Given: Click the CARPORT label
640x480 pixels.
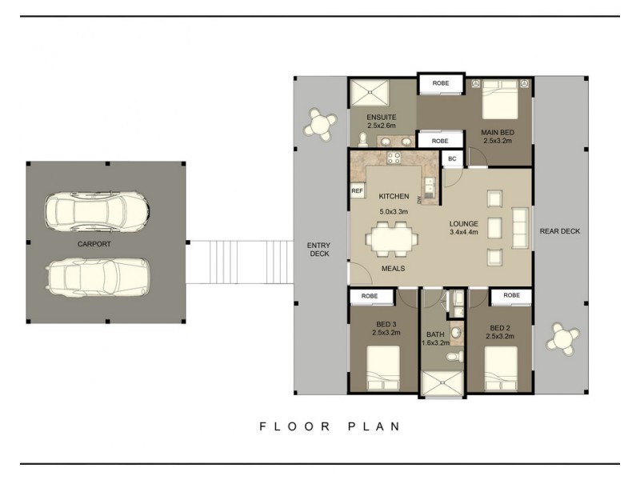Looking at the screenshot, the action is [x=94, y=244].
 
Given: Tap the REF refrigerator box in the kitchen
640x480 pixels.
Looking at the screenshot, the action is [x=357, y=190].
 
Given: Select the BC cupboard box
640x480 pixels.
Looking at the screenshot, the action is [x=452, y=158].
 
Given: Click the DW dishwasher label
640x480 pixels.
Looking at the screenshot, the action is [x=419, y=199].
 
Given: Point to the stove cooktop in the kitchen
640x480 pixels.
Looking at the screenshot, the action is [x=394, y=157].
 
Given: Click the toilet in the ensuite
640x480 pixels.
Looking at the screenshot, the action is [x=362, y=139].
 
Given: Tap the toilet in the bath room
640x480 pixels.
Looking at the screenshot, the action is [x=454, y=357].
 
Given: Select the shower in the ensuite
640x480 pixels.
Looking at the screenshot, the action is [x=370, y=93].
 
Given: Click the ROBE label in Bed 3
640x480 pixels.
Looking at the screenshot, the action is [x=370, y=296].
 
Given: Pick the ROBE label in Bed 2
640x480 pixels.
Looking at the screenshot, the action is [x=511, y=295].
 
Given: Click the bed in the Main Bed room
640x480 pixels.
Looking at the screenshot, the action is [x=500, y=99].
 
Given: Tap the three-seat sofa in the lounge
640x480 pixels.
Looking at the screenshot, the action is [x=520, y=228].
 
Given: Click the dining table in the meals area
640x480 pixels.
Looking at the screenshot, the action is [x=391, y=238].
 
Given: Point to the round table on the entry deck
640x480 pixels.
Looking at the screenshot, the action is [x=320, y=124].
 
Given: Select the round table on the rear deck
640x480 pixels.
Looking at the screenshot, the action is [x=563, y=338].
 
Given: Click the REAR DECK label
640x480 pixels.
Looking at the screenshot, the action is [x=559, y=231].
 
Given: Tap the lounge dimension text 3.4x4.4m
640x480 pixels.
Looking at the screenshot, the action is [x=464, y=232].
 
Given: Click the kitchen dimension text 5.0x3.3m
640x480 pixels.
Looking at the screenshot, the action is [x=394, y=212].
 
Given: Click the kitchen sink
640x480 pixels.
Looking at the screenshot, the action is [x=430, y=187].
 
